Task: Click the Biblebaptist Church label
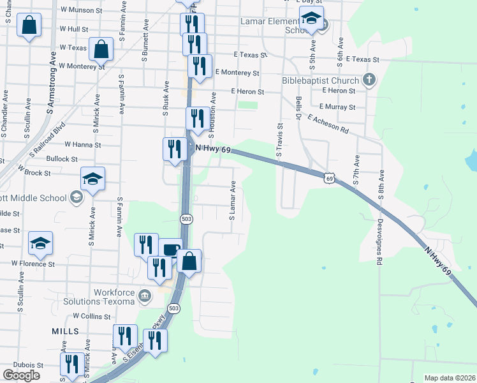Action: (320, 81)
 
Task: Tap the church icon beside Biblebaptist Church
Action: (368, 80)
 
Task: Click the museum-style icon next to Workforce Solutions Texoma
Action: (145, 296)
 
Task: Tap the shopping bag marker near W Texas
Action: (101, 49)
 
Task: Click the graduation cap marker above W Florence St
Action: (40, 243)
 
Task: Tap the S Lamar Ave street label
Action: (233, 201)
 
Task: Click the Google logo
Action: (21, 375)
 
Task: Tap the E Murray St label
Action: (337, 107)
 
